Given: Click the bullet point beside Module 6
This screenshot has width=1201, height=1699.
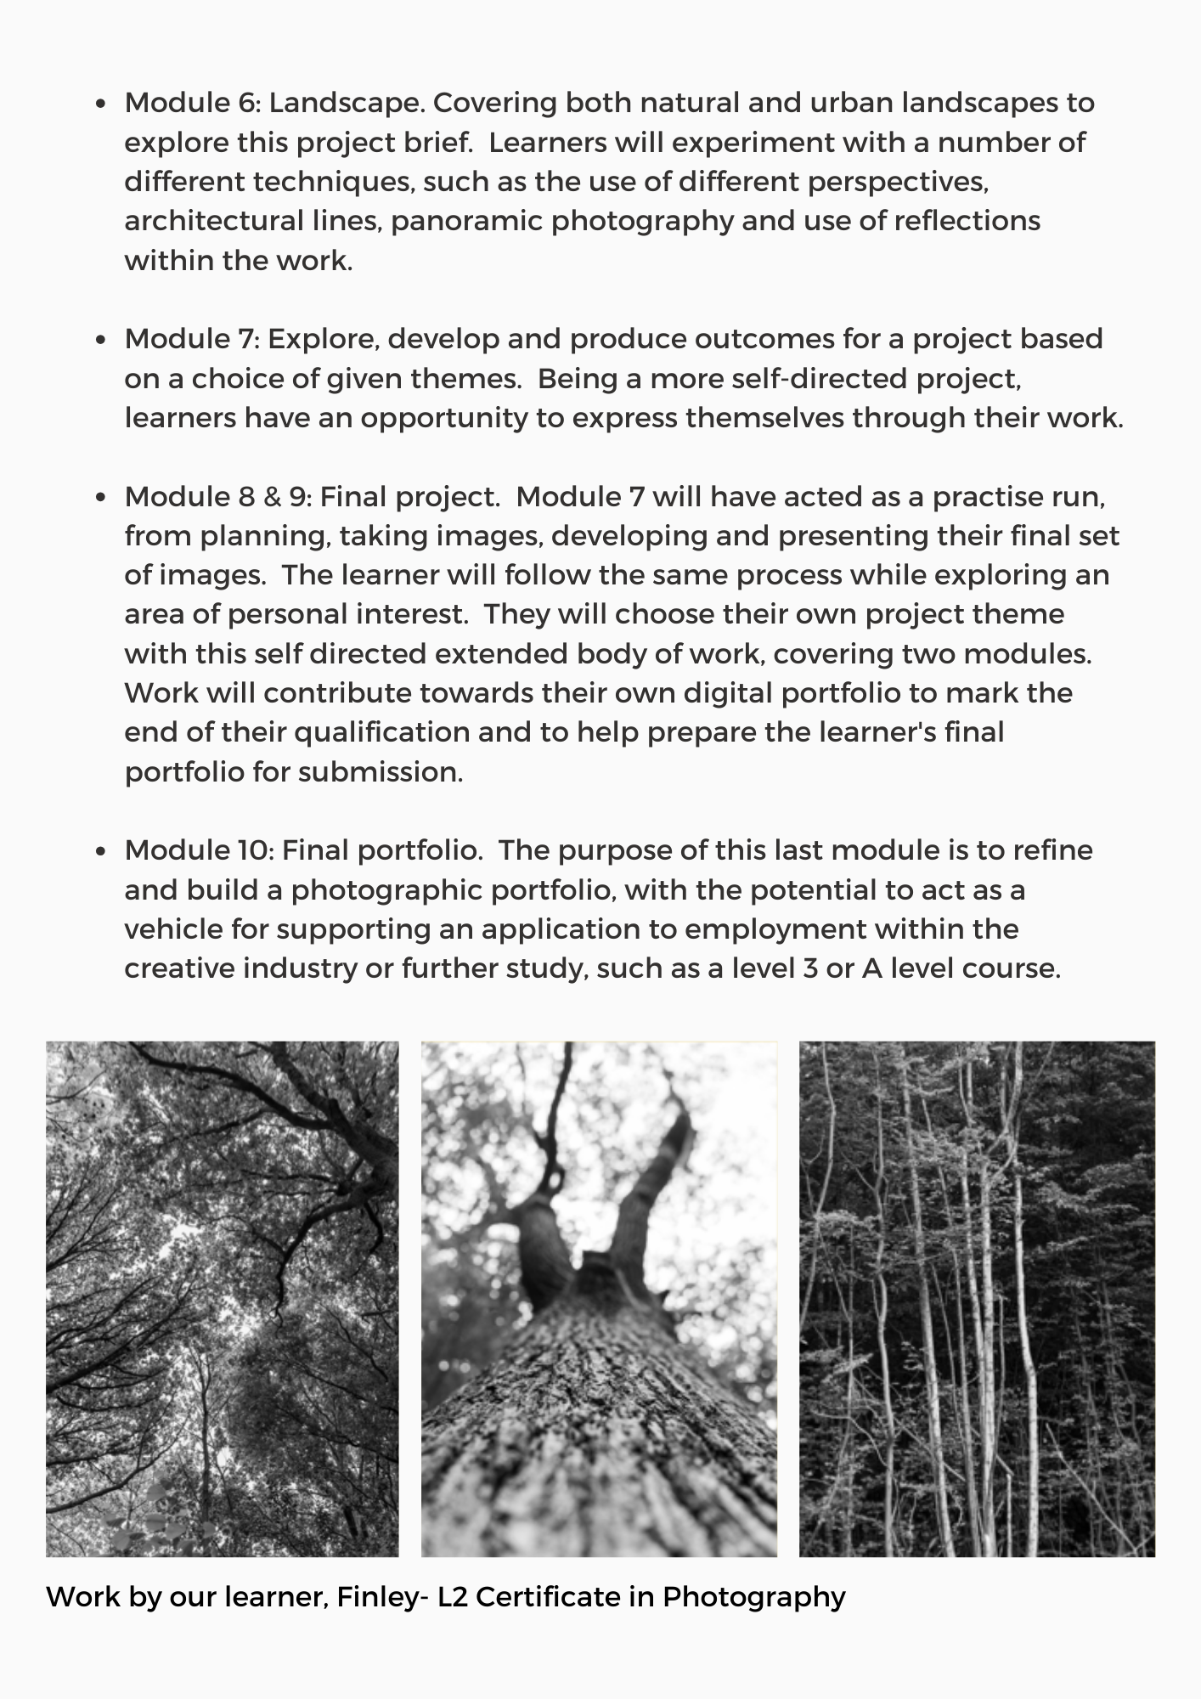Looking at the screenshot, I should pos(102,104).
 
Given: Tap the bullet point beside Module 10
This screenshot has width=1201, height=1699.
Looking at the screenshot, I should pos(102,852).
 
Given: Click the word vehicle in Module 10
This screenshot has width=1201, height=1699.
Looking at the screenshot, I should pos(172,929).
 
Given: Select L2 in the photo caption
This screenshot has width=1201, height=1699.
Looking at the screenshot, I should pos(453,1597).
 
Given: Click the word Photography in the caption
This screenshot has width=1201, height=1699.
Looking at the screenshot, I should pos(753,1598).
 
